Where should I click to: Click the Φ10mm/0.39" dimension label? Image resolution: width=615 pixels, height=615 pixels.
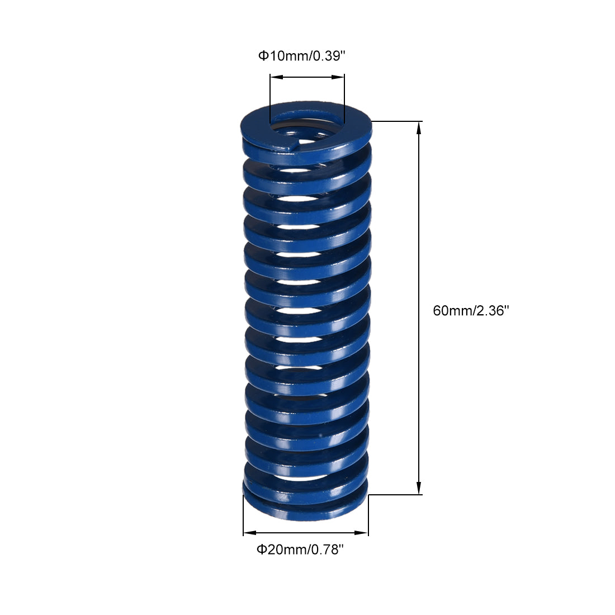click(301, 56)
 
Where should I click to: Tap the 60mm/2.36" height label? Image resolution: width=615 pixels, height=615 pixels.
click(471, 311)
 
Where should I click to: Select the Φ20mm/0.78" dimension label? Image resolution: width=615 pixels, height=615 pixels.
click(300, 550)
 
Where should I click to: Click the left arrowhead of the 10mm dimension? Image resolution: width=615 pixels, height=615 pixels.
click(277, 77)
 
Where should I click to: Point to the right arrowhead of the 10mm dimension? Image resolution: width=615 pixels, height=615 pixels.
click(338, 77)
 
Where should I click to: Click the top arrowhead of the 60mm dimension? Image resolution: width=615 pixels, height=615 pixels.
click(419, 128)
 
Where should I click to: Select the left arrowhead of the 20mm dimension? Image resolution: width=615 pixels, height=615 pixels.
click(250, 533)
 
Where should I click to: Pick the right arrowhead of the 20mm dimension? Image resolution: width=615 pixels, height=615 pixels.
click(361, 533)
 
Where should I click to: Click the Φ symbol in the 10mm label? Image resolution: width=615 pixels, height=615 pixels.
click(263, 56)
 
